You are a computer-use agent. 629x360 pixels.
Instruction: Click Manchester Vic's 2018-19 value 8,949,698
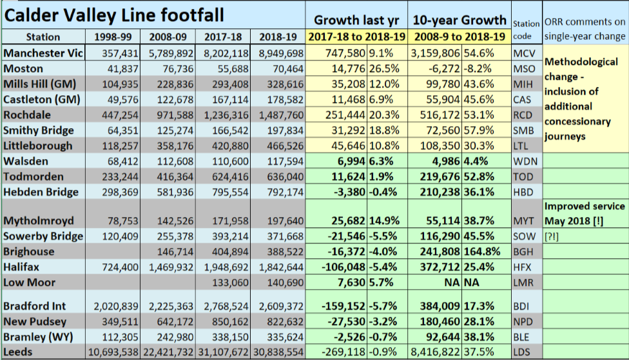coord(280,53)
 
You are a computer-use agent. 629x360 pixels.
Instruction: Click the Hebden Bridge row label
coord(41,192)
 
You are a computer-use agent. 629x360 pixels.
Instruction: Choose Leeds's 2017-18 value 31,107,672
coord(225,352)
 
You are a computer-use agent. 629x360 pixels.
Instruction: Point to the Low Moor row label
coord(29,282)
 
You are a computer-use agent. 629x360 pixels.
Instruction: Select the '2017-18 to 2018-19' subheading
coord(356,37)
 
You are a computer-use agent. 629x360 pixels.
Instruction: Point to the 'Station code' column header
coord(527,30)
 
